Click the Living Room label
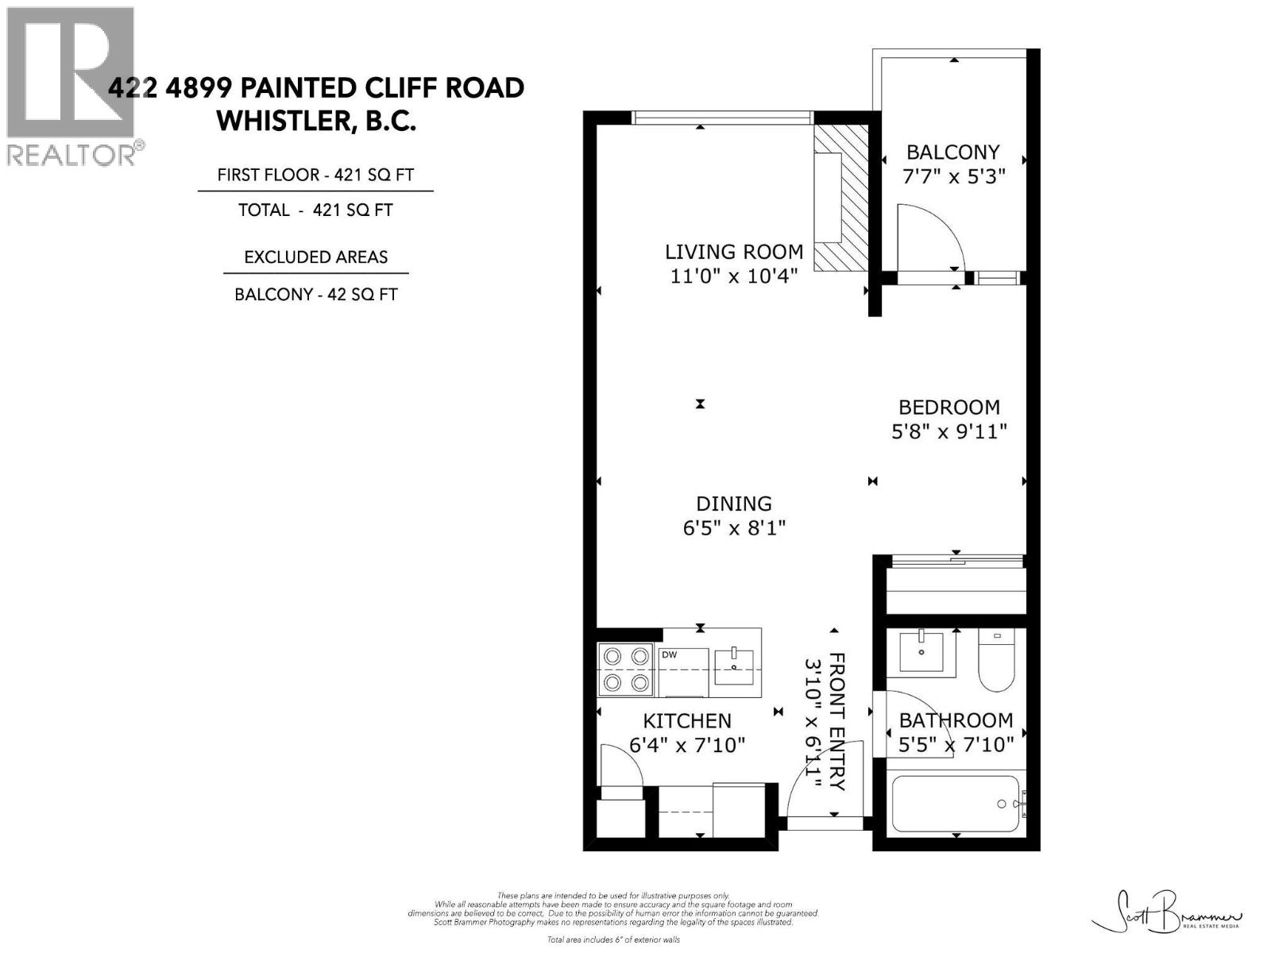point(733,252)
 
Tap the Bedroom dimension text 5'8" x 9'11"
point(948,431)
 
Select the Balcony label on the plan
point(952,152)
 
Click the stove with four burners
point(627,669)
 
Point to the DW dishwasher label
point(669,655)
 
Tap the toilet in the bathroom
point(996,662)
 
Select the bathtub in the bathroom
point(956,804)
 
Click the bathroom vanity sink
point(921,652)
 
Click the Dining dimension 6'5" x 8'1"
point(733,527)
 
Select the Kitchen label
point(686,720)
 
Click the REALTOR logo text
point(71,154)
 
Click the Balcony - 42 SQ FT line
point(315,295)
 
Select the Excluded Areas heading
point(315,257)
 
